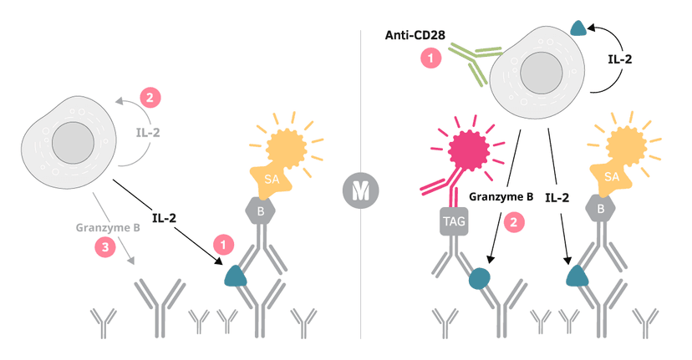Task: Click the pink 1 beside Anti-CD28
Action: pyautogui.click(x=430, y=58)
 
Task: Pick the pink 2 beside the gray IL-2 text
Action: pyautogui.click(x=150, y=98)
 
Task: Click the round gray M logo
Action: pyautogui.click(x=359, y=192)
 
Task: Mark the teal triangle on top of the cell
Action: pyautogui.click(x=578, y=28)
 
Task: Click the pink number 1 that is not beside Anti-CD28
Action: pyautogui.click(x=223, y=245)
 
